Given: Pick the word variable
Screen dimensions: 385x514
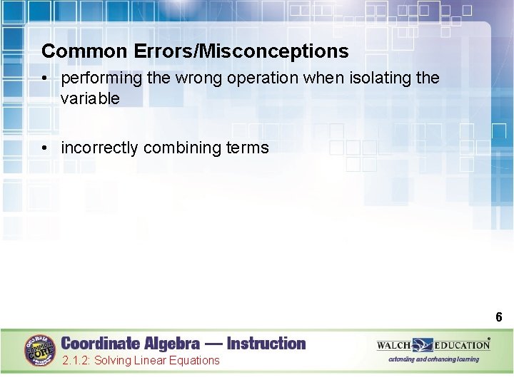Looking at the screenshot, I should tap(90, 99).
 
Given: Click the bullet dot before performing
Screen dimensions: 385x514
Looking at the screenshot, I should tap(45, 78).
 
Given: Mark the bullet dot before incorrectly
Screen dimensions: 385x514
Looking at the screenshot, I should tap(45, 148).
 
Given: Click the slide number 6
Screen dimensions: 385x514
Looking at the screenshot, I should tap(499, 317).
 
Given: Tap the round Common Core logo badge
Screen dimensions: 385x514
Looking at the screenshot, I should tap(40, 350).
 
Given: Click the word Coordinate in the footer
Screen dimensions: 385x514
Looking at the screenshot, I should tap(99, 344).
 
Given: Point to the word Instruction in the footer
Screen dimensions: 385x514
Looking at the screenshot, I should tap(266, 344).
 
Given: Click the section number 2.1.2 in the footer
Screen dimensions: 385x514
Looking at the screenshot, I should tap(76, 361).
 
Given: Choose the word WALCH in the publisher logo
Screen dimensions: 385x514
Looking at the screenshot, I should tap(394, 346).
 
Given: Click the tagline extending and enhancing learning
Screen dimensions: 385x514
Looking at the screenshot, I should tap(433, 359).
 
